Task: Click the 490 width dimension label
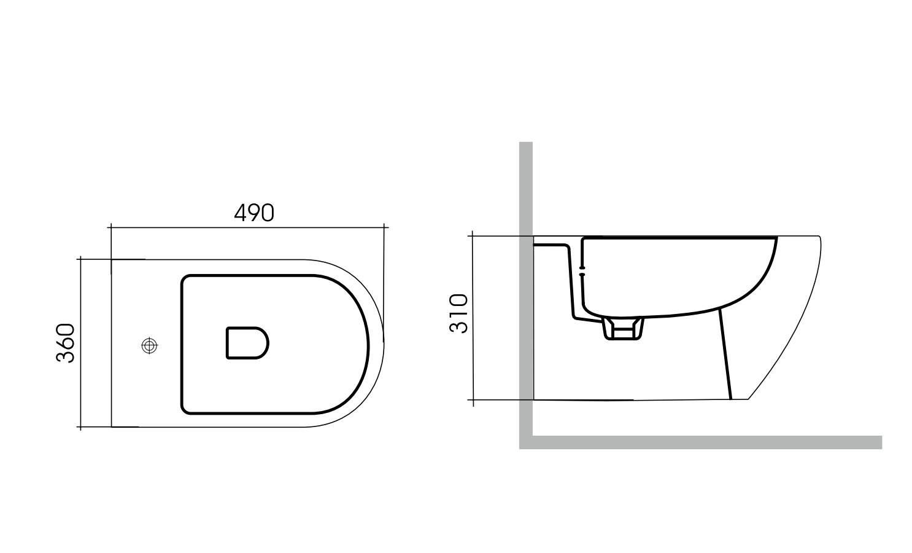[x=254, y=213]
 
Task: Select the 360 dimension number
[x=66, y=343]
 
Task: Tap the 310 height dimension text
[x=458, y=313]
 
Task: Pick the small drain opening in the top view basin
[x=247, y=342]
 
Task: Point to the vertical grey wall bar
[x=525, y=289]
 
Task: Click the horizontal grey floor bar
[x=706, y=442]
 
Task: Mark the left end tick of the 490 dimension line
[x=110, y=228]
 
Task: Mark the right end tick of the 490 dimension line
[x=384, y=228]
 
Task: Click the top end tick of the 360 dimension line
[x=80, y=259]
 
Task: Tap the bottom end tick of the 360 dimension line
[x=80, y=426]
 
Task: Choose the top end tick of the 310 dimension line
[x=472, y=236]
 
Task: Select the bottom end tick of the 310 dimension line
[x=472, y=400]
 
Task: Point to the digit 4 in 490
[x=241, y=213]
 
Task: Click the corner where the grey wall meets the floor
[x=526, y=442]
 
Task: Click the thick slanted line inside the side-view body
[x=725, y=353]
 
